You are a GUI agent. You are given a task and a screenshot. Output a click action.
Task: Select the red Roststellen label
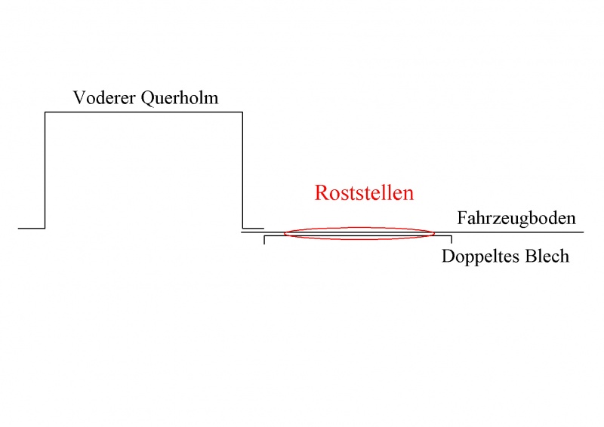click(364, 193)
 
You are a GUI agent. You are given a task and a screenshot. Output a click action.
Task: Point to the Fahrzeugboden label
click(516, 219)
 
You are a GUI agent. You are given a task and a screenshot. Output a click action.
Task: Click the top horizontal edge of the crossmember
click(143, 112)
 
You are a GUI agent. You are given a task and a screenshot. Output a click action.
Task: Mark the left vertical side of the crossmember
click(45, 170)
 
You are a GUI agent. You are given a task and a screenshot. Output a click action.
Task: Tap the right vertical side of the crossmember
click(242, 170)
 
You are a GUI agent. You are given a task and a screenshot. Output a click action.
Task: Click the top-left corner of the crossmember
click(45, 112)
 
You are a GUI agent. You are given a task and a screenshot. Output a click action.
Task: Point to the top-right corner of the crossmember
click(242, 112)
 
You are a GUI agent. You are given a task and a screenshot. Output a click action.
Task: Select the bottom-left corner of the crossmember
click(45, 227)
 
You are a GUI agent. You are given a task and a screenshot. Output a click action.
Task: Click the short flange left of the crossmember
click(32, 227)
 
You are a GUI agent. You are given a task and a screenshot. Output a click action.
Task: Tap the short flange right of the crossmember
click(253, 227)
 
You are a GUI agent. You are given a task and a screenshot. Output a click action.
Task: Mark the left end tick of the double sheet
click(264, 240)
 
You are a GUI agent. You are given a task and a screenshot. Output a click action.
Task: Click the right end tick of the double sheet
click(451, 240)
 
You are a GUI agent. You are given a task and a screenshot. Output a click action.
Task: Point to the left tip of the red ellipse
click(285, 233)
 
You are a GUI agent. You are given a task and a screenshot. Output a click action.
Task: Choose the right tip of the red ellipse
click(435, 233)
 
